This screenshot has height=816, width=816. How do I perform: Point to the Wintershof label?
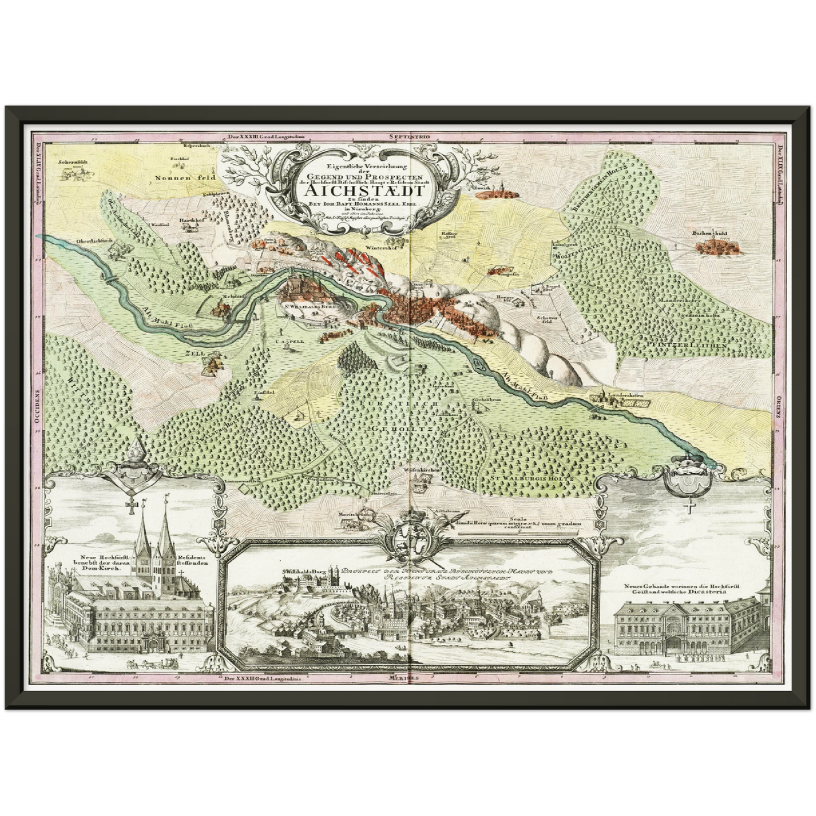click(x=377, y=247)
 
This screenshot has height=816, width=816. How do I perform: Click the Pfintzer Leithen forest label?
click(x=680, y=343)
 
